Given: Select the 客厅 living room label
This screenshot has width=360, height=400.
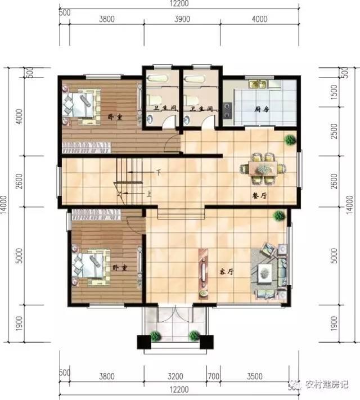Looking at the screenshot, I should (x=226, y=271).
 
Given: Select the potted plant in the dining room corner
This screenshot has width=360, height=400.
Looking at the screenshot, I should (x=289, y=139).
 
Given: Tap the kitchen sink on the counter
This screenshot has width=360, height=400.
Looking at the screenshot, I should (x=260, y=84).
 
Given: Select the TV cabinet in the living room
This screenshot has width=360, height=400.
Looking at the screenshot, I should (x=202, y=272).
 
